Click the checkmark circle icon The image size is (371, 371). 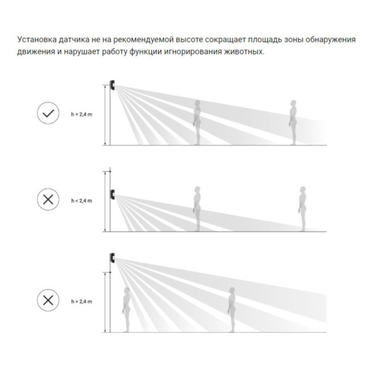click(x=48, y=113)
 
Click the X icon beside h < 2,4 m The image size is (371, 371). click(x=48, y=199)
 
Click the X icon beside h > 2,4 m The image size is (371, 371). click(x=48, y=300)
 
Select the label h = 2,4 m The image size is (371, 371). click(x=82, y=115)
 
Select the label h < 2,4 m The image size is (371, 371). click(x=82, y=201)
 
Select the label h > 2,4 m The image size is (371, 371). click(x=82, y=302)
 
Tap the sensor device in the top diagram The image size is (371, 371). click(x=112, y=85)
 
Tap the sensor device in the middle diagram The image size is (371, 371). click(x=112, y=194)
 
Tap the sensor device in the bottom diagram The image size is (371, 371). click(x=112, y=258)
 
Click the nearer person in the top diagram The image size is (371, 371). click(x=197, y=122)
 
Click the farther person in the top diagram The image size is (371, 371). click(x=293, y=122)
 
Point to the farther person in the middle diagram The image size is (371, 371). click(x=302, y=209)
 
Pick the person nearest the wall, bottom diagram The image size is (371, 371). click(x=126, y=310)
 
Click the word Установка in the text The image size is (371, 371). click(x=37, y=40)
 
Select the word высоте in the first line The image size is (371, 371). click(x=189, y=40)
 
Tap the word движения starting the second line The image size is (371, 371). click(x=36, y=52)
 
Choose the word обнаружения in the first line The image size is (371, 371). click(x=330, y=40)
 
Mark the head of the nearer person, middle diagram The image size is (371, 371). click(x=198, y=190)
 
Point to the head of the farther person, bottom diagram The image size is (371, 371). click(x=232, y=291)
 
